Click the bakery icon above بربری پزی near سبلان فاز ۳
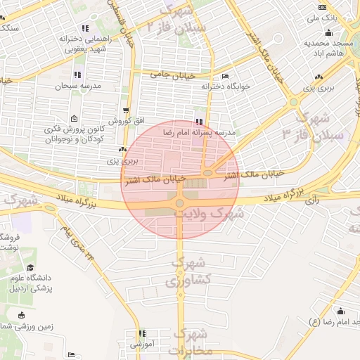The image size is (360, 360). [319, 77]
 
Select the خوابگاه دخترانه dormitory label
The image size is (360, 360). [226, 86]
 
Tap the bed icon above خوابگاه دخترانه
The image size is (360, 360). [225, 76]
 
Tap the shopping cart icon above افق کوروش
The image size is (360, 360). [126, 110]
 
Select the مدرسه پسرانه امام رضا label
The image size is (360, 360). [199, 132]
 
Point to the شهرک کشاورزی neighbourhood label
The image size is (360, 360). [187, 271]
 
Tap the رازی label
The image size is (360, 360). [312, 200]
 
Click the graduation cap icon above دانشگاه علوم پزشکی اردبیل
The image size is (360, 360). [30, 267]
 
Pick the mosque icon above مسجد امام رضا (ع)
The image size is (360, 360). [341, 311]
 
